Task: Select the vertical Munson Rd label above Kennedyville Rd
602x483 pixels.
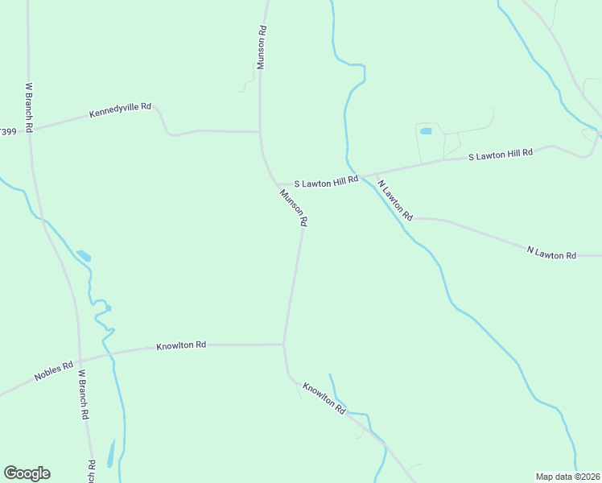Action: click(262, 47)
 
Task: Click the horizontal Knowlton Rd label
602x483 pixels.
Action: click(181, 345)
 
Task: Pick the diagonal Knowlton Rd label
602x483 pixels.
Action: click(324, 398)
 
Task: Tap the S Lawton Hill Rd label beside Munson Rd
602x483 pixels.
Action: click(325, 183)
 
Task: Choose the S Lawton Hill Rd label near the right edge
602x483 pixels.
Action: click(501, 154)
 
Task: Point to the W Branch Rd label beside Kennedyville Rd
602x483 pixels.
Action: click(29, 106)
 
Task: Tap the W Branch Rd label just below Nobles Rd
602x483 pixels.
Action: click(82, 394)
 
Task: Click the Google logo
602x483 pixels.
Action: click(27, 473)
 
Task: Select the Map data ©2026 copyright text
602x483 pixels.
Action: click(567, 476)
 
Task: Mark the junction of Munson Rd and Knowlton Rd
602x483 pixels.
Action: click(283, 345)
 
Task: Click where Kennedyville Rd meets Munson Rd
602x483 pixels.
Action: click(259, 131)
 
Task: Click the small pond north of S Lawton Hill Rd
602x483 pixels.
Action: click(426, 130)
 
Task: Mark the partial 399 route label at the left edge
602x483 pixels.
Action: click(8, 131)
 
